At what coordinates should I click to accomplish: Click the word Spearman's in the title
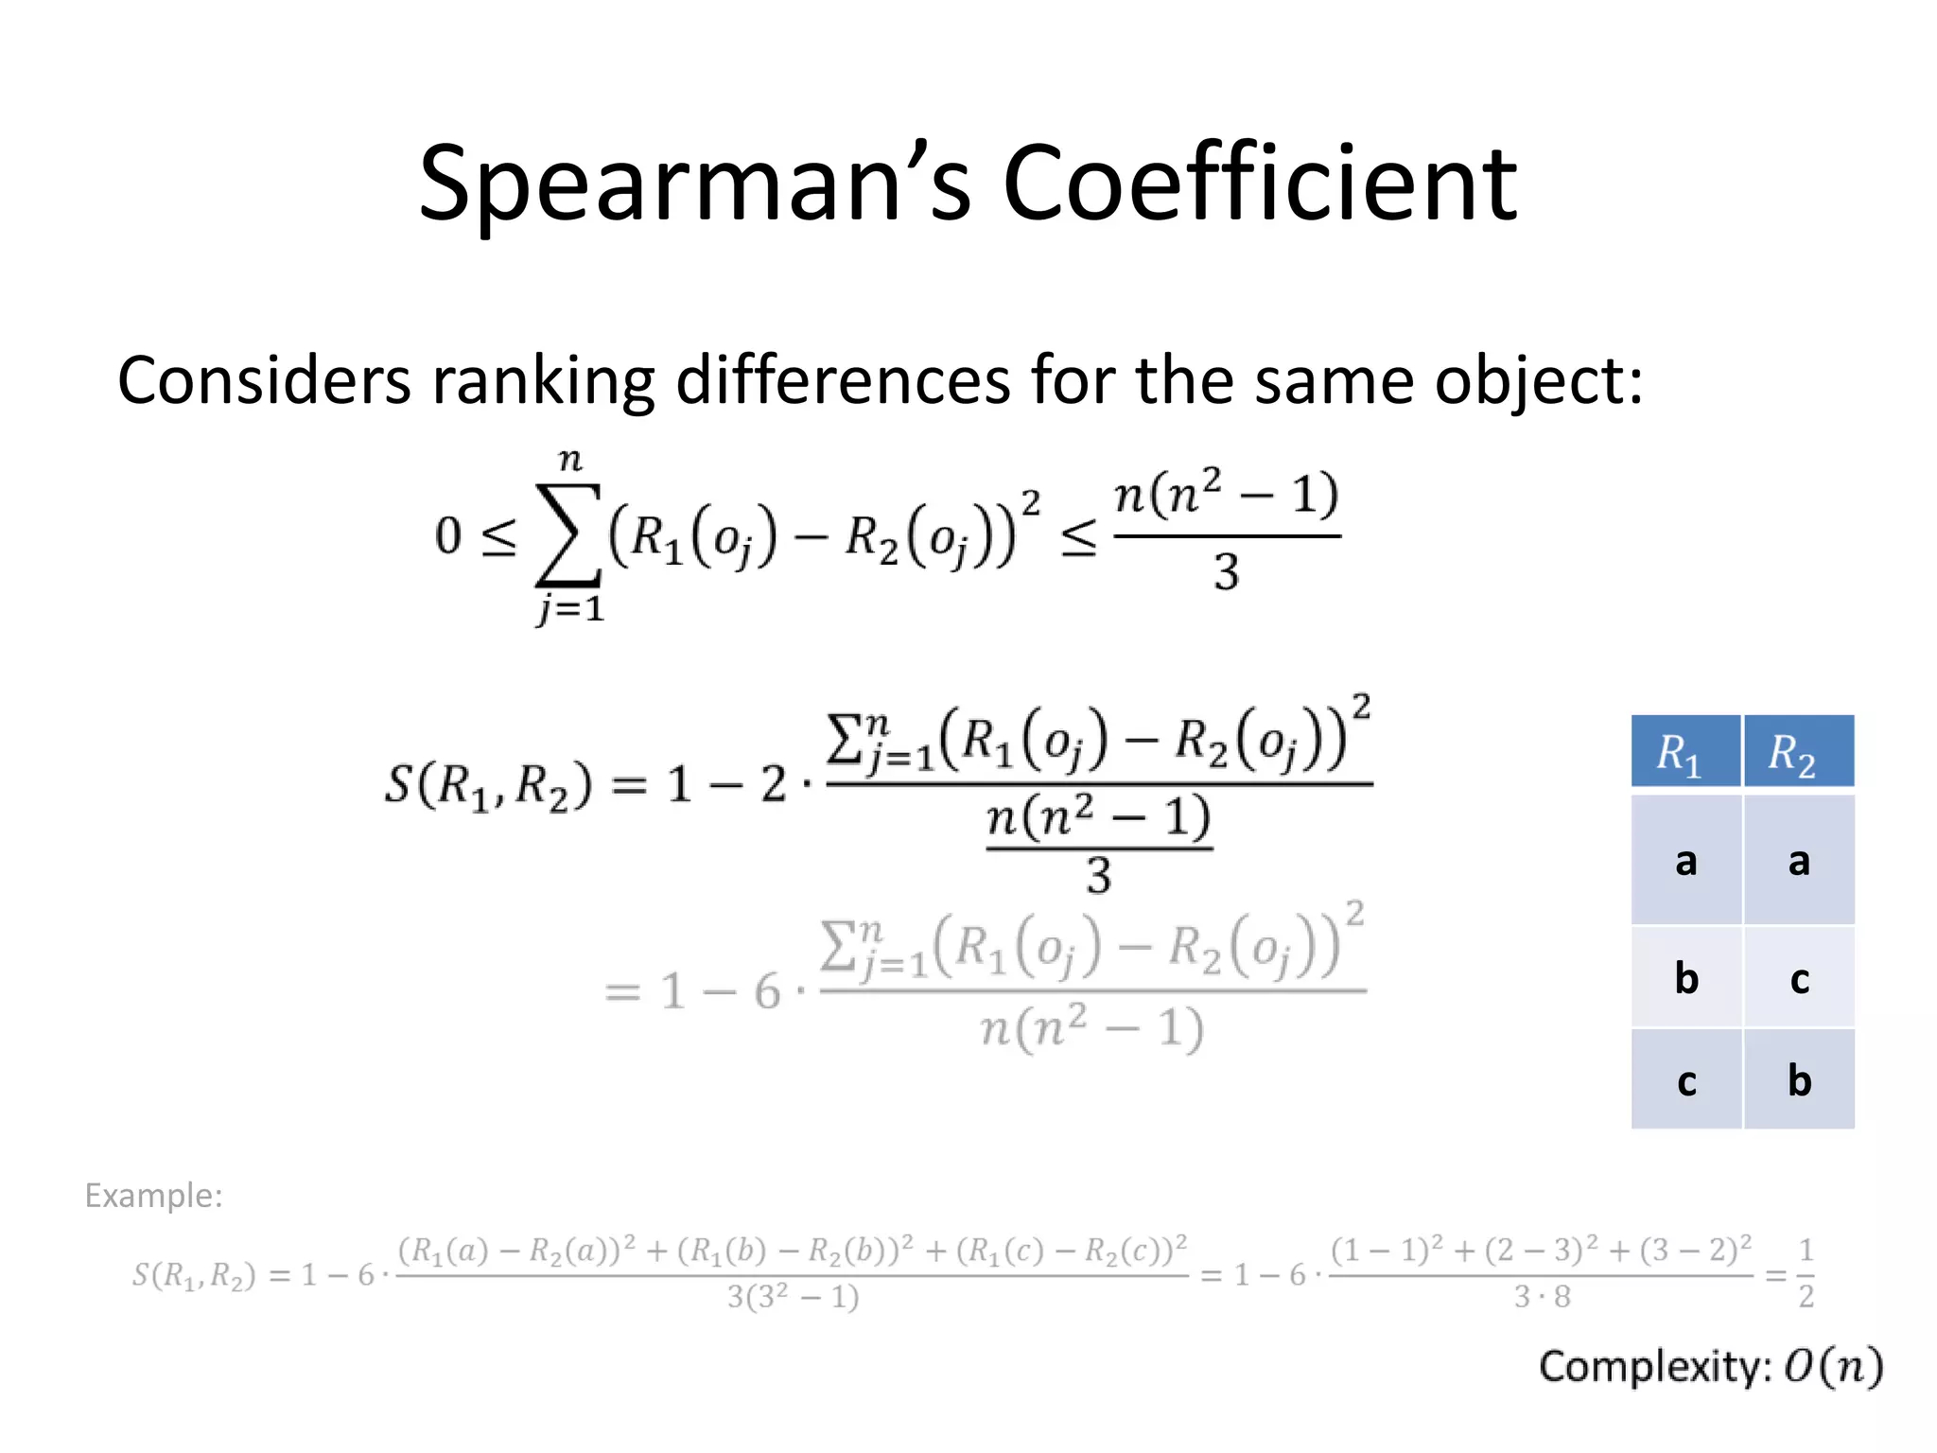coord(695,184)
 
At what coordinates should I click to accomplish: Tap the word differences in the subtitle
coord(843,380)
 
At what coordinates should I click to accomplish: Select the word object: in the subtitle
coord(1539,380)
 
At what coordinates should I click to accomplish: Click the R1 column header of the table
coord(1684,753)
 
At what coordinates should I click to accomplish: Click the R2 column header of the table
coord(1797,753)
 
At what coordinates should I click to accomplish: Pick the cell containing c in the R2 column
coord(1798,978)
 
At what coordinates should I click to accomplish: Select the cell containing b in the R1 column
coord(1684,978)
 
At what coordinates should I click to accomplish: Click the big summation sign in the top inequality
coord(567,535)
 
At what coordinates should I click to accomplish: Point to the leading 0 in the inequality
coord(447,535)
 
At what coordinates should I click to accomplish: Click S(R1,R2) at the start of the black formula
coord(488,785)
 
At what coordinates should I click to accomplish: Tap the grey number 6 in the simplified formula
coord(767,992)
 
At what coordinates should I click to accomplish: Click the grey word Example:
coord(153,1196)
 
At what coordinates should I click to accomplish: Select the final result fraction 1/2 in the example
coord(1806,1274)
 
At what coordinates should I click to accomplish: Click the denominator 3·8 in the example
coord(1542,1297)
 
